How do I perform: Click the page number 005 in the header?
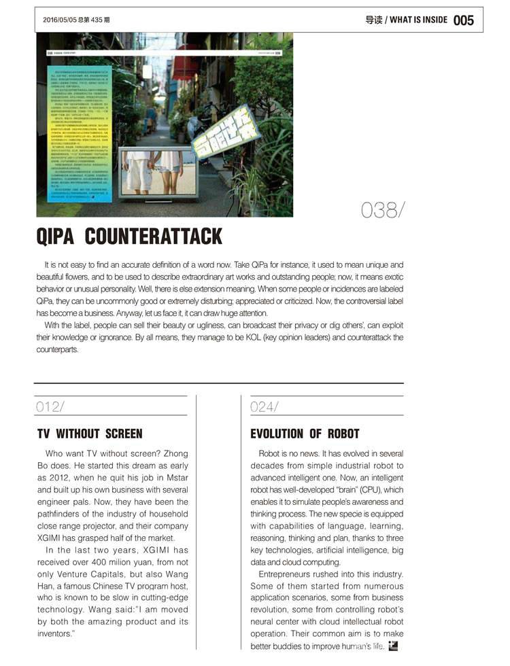pyautogui.click(x=463, y=20)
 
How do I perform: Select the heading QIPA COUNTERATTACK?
pyautogui.click(x=129, y=236)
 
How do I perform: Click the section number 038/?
pyautogui.click(x=383, y=211)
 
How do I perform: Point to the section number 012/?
pyautogui.click(x=51, y=406)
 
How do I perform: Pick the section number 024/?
pyautogui.click(x=265, y=406)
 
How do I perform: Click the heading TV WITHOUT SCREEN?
pyautogui.click(x=90, y=434)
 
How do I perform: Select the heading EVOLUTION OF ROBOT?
pyautogui.click(x=305, y=434)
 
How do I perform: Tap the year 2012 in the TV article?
pyautogui.click(x=61, y=478)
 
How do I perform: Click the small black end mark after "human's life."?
pyautogui.click(x=393, y=646)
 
